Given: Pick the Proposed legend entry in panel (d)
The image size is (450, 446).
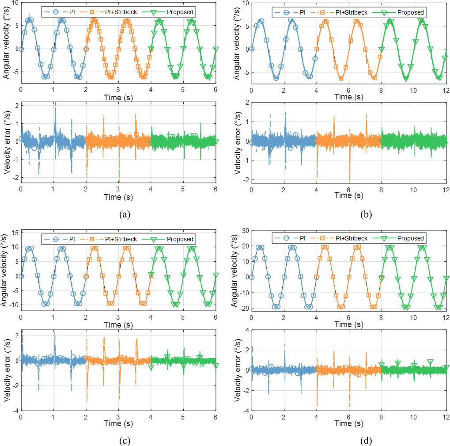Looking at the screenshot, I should [410, 238].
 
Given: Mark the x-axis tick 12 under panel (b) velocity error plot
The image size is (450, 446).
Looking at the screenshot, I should [446, 189].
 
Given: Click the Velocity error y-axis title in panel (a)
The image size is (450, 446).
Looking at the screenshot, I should [6, 141].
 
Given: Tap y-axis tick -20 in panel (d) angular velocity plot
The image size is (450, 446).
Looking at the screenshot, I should [243, 309].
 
